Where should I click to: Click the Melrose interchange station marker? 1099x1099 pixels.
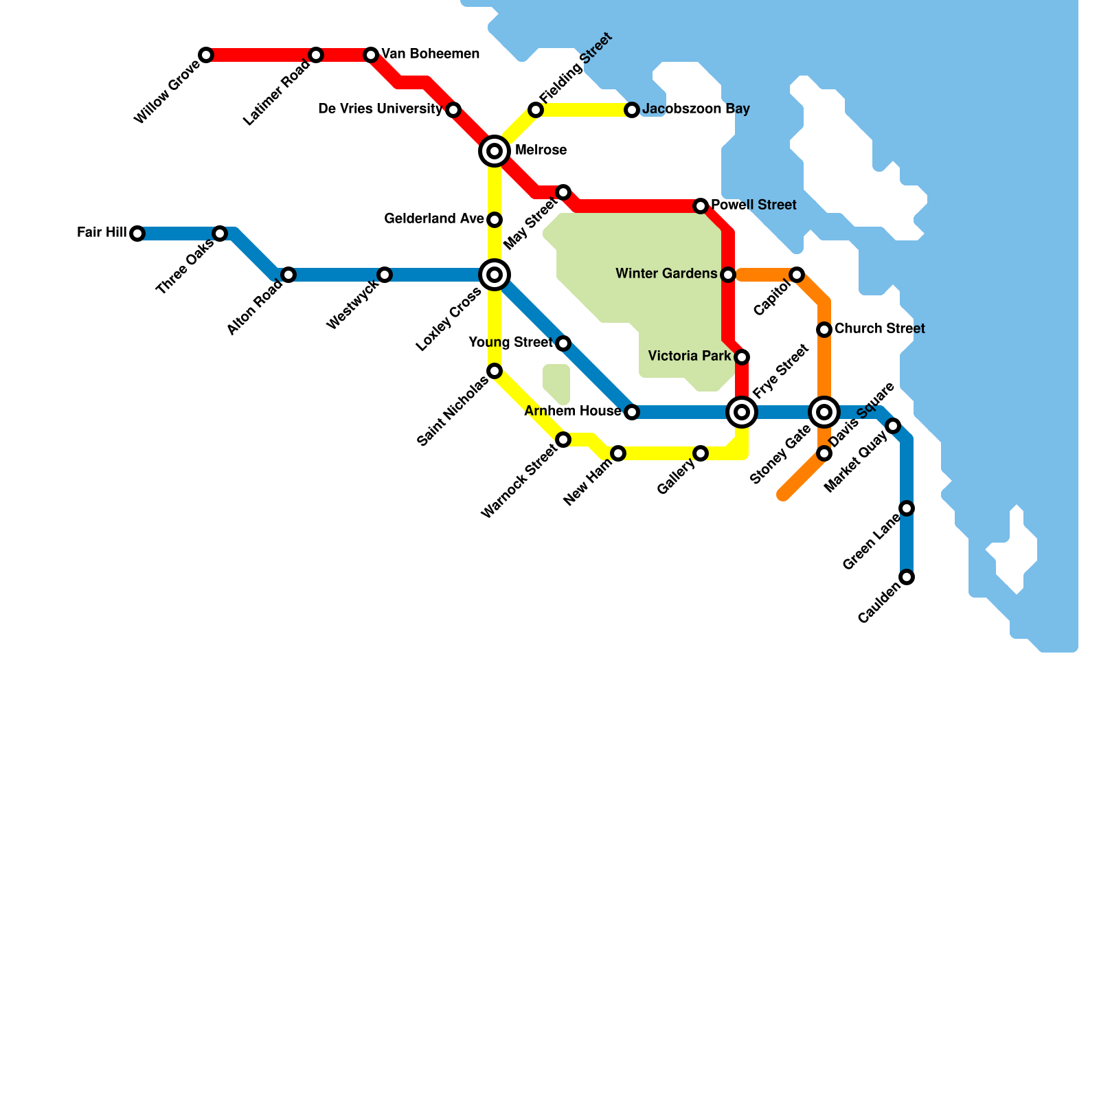click(495, 151)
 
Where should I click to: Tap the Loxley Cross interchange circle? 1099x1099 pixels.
click(495, 275)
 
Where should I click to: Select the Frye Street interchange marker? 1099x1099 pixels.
click(742, 412)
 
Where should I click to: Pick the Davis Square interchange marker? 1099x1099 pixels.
click(824, 412)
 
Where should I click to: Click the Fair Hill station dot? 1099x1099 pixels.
click(137, 234)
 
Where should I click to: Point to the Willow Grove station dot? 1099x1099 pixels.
click(206, 55)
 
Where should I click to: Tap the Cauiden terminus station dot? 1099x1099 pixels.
click(907, 577)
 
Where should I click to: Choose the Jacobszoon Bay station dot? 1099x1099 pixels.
click(632, 110)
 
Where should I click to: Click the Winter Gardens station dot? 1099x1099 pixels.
click(728, 275)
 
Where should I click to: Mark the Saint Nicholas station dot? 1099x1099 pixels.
click(495, 371)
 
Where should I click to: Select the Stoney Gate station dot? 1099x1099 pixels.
click(824, 453)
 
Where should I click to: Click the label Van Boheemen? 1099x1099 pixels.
click(430, 54)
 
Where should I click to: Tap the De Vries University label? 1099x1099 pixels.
click(381, 109)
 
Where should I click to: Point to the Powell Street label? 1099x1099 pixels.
click(754, 205)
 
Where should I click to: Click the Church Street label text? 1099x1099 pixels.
click(879, 329)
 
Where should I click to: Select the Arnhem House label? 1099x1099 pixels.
click(573, 411)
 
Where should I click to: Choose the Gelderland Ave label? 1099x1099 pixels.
click(434, 219)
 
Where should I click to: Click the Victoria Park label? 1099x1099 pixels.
click(690, 356)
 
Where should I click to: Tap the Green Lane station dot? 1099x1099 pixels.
click(907, 508)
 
